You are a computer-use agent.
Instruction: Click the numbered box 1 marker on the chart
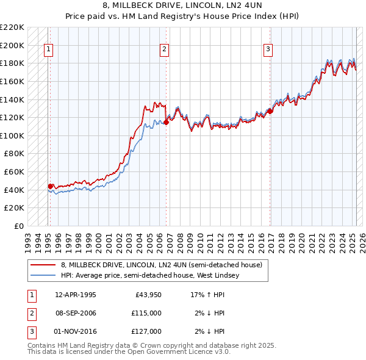pos(48,50)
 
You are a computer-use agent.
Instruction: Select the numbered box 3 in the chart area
pos(268,50)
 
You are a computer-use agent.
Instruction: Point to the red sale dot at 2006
pos(166,122)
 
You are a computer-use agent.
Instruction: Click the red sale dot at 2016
pos(270,111)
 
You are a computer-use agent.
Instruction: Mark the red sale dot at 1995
pos(50,186)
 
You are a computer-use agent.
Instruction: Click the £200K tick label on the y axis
pos(12,45)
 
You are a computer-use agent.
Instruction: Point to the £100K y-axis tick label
pos(12,135)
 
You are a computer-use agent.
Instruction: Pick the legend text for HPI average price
pos(150,275)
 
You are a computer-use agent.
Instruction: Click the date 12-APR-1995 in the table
pos(76,295)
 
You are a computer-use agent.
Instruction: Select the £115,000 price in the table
pos(146,313)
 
